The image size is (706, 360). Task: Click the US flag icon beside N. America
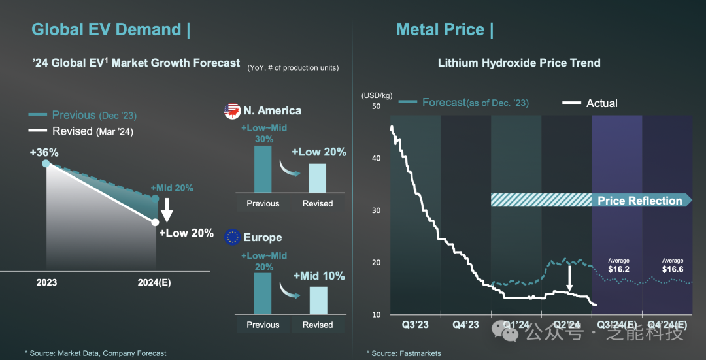click(232, 111)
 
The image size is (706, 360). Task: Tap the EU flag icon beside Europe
click(232, 237)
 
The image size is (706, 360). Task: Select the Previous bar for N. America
click(262, 169)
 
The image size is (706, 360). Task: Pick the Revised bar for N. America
click(317, 178)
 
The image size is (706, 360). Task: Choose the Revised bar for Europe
click(318, 301)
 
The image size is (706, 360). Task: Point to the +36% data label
click(44, 152)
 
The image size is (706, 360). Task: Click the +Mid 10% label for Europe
click(318, 276)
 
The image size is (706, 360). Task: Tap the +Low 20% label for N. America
click(318, 152)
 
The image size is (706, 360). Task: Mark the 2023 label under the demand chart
click(46, 282)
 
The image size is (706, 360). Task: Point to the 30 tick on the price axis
click(376, 210)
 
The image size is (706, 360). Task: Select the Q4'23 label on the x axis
click(465, 325)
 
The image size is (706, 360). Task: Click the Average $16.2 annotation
click(618, 265)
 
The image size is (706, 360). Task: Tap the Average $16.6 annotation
click(672, 265)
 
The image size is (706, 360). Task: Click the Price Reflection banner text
click(639, 201)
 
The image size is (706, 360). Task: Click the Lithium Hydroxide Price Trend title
click(518, 63)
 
